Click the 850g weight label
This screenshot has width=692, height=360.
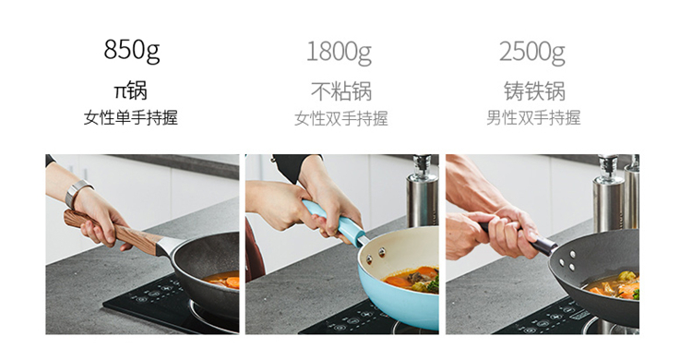132,50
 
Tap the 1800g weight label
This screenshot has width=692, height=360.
339,52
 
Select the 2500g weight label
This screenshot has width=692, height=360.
532,52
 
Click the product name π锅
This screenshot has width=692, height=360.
131,90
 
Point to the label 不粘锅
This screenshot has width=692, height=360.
341,91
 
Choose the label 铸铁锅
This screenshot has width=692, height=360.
534,91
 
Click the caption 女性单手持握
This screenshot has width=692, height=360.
131,118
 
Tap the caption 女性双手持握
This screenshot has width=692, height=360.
341,118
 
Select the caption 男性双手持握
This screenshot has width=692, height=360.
533,118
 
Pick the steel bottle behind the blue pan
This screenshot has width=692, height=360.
423,191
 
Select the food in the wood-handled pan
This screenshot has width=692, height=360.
223,279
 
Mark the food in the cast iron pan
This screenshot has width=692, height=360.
614,286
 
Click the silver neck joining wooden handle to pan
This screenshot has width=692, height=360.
169,246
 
